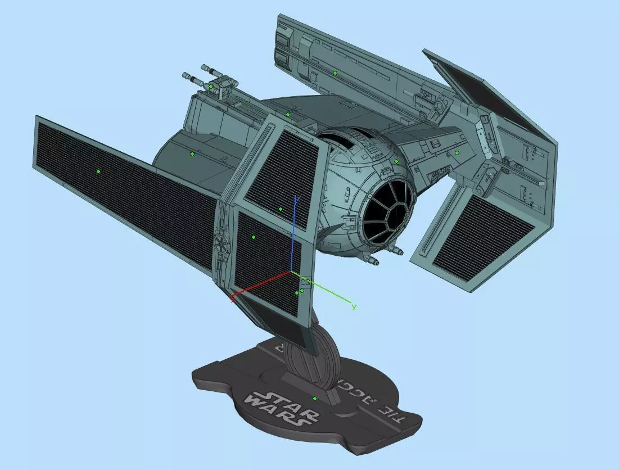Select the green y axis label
pos(354,306)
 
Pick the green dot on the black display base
pos(315,399)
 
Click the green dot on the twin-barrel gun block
pos(211,87)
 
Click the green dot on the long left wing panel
pos(98,171)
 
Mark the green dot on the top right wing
pos(335,73)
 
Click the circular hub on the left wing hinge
pos(222,243)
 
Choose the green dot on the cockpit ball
pos(396,161)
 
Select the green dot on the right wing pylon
pos(457,152)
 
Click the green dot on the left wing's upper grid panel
pos(281,209)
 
